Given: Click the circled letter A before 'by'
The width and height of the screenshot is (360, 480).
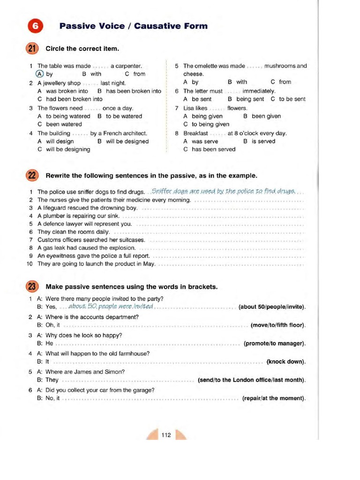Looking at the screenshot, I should tap(40, 74).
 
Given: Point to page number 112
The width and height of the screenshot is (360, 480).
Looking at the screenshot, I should tap(166, 435).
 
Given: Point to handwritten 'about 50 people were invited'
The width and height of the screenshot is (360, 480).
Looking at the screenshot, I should tap(111, 307).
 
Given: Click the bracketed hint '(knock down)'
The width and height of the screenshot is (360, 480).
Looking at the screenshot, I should tap(286, 362).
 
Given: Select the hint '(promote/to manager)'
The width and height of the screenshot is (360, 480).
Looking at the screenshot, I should tap(275, 344).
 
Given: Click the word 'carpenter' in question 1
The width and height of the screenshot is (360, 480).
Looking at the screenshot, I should tap(126, 66).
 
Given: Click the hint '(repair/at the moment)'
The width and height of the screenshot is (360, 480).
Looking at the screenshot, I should tap(274, 398).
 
